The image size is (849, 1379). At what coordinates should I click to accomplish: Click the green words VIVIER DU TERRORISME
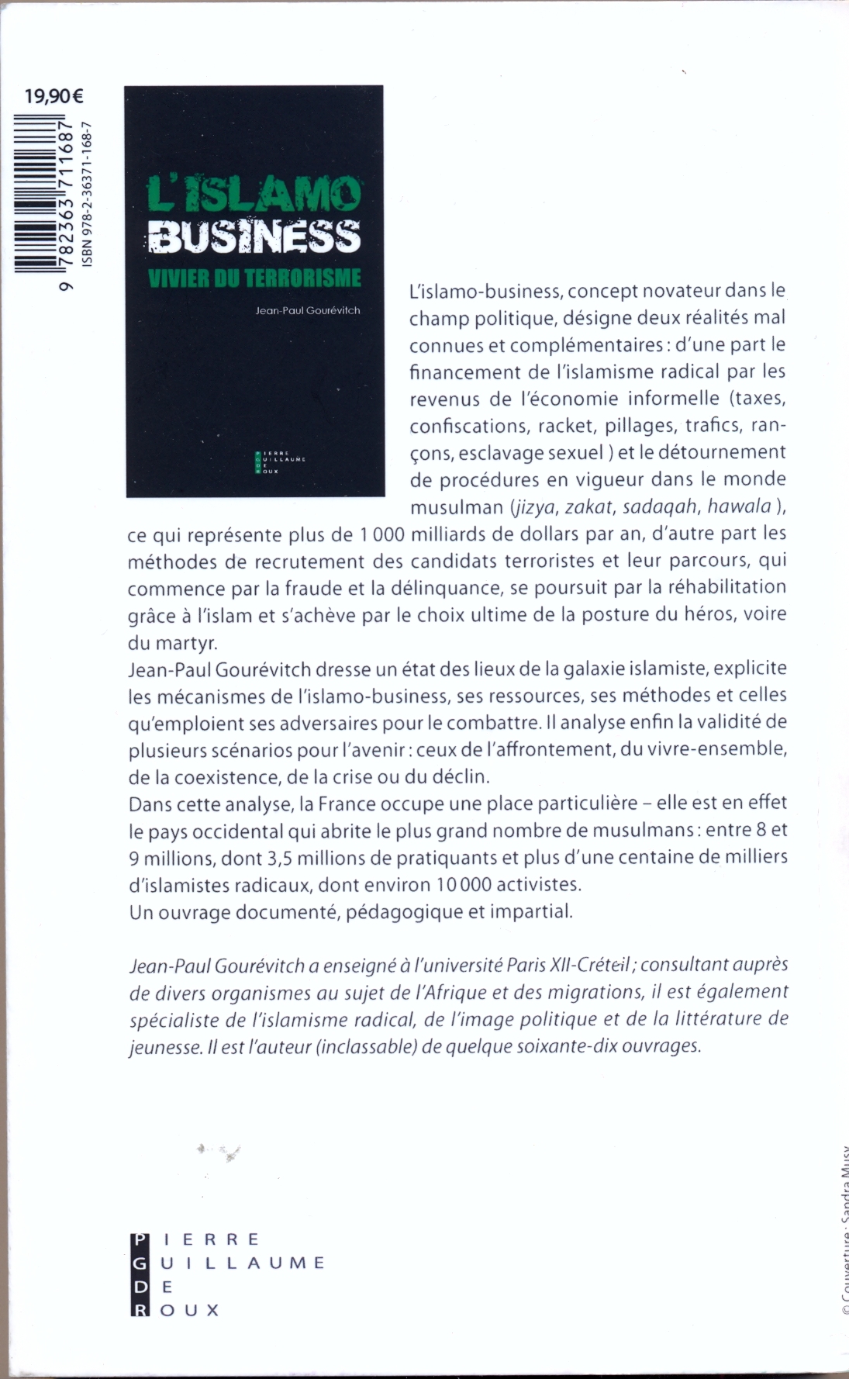255,278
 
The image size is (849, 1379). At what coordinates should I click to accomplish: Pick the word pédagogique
404,911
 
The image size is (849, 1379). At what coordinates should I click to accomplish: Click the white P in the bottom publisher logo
139,1239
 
